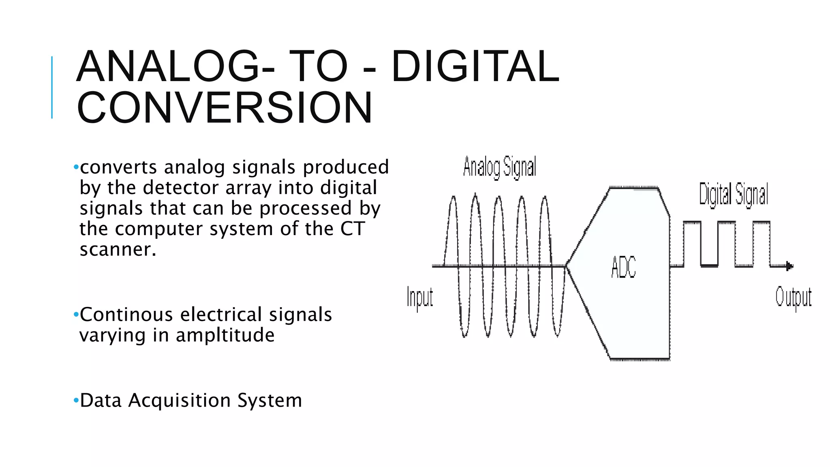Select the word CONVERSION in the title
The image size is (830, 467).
coord(224,107)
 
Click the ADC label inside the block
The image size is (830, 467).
coord(623,268)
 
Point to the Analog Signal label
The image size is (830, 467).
coord(499,167)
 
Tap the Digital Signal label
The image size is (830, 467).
coord(734,194)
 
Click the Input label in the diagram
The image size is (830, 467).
coord(420,298)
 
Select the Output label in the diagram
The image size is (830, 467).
coord(793,298)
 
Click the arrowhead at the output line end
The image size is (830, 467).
coord(789,266)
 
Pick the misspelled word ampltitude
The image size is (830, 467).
coord(225,335)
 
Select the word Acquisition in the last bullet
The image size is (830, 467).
coord(180,401)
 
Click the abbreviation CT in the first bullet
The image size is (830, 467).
coord(352,229)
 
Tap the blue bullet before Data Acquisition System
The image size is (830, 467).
coord(76,401)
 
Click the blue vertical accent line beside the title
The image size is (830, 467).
coord(52,87)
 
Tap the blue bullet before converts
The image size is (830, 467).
coord(76,167)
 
